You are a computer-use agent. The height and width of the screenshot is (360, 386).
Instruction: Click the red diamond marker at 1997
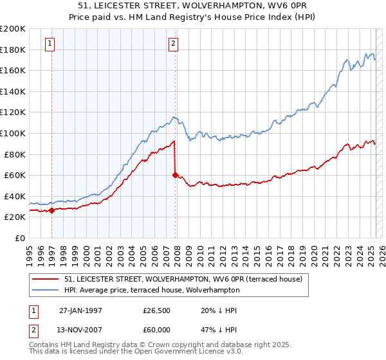point(51,210)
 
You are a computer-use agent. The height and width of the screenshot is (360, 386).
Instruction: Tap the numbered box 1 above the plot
point(50,44)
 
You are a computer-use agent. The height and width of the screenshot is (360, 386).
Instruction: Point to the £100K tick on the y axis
point(13,133)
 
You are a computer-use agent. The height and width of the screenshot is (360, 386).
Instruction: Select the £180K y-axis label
point(13,50)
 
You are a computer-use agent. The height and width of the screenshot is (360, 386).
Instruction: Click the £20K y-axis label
point(15,217)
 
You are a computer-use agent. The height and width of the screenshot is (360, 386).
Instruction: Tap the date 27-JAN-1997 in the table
point(80,310)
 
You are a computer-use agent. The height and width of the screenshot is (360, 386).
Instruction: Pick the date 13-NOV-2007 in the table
point(81,331)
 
